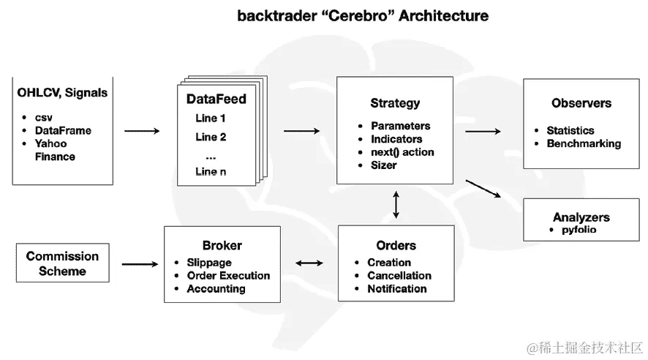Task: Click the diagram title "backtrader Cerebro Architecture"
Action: (x=363, y=15)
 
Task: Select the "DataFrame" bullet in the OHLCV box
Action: (x=63, y=130)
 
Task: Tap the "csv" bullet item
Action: (x=43, y=118)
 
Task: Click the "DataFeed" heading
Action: (x=216, y=99)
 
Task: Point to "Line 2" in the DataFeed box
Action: (x=211, y=137)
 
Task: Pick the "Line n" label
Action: (x=211, y=171)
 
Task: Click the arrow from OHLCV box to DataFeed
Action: (x=142, y=131)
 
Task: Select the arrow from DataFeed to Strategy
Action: (x=301, y=131)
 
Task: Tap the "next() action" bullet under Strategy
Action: (x=402, y=152)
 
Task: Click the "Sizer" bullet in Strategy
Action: (x=383, y=165)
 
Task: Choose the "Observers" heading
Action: (x=581, y=103)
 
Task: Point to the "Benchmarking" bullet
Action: (x=584, y=143)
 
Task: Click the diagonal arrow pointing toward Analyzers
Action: (x=483, y=189)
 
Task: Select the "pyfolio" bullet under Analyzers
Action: (x=579, y=230)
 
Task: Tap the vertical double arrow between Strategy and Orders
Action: (x=396, y=205)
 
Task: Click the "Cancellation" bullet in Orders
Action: (x=399, y=276)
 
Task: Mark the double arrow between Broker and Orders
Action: (x=309, y=263)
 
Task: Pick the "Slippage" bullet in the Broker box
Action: (x=209, y=263)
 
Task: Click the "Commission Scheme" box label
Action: (x=62, y=263)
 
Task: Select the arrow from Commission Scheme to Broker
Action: (x=140, y=264)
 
